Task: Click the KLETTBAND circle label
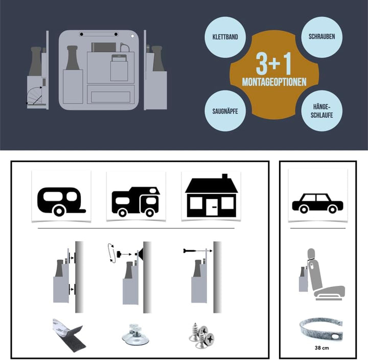click(x=225, y=37)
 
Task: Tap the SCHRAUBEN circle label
click(x=321, y=37)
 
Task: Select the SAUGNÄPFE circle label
click(x=225, y=111)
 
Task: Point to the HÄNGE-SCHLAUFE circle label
click(x=321, y=111)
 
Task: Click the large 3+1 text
click(x=273, y=63)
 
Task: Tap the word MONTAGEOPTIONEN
click(x=274, y=82)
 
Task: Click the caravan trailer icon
click(x=61, y=201)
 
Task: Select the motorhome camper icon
click(x=136, y=201)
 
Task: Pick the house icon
click(x=211, y=195)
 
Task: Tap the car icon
click(x=317, y=204)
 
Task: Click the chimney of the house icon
click(x=224, y=176)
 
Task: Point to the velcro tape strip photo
click(x=69, y=333)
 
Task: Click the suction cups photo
click(x=135, y=334)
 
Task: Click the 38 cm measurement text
click(x=322, y=348)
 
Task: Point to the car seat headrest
click(x=312, y=254)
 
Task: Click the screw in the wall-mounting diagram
click(x=189, y=251)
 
